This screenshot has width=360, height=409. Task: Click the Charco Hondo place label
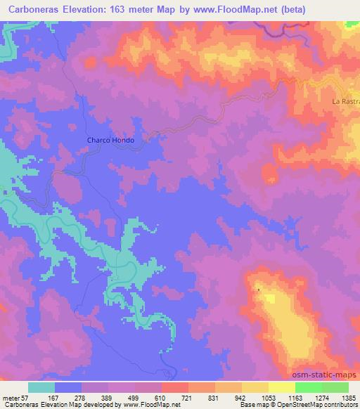110,140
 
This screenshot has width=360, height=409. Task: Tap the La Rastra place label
345,102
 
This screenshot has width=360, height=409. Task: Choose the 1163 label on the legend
307,397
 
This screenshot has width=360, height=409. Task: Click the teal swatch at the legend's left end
41,387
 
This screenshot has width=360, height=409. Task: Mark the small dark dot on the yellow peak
258,289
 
